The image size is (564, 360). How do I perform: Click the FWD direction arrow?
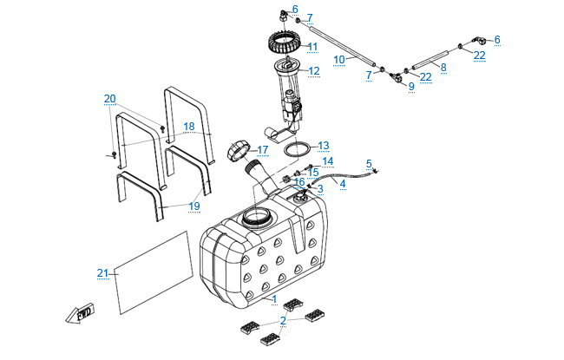[x=79, y=313]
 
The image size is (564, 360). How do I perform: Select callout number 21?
[x=103, y=273]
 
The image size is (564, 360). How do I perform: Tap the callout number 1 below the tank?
[x=275, y=299]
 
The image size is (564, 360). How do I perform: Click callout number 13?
[x=323, y=145]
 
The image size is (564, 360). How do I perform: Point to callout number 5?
[x=369, y=163]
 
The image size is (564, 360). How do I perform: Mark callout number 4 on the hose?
[x=342, y=184]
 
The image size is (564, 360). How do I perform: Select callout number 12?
[x=314, y=71]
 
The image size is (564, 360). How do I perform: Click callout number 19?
[x=194, y=206]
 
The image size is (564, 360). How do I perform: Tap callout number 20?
[x=109, y=98]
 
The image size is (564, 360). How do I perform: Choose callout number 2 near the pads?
[x=284, y=320]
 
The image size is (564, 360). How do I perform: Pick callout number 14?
[x=327, y=161]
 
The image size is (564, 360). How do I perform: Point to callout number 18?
[x=189, y=127]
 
